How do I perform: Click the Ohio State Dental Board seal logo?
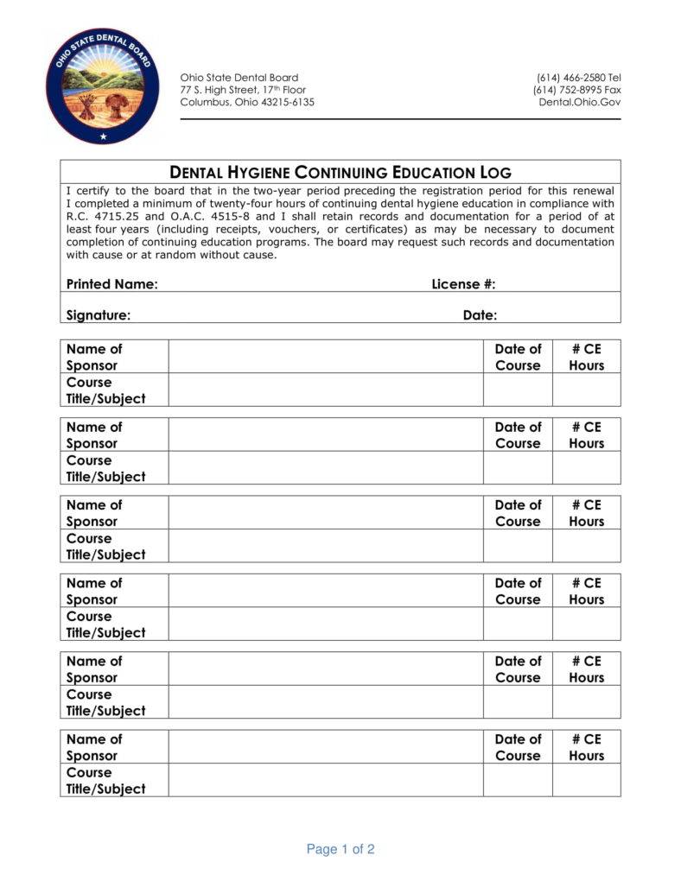[x=104, y=86]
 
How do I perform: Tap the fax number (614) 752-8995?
[x=568, y=90]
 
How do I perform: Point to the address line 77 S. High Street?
[x=243, y=90]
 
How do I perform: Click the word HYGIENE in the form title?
[x=247, y=172]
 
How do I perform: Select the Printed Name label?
[x=111, y=284]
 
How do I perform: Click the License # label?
[x=463, y=284]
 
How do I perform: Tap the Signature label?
[x=99, y=315]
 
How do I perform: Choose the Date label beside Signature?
[x=480, y=315]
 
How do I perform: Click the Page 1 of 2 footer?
[x=340, y=849]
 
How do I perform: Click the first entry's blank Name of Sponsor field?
[x=325, y=357]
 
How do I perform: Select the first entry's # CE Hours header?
[x=586, y=357]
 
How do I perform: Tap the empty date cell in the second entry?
[x=517, y=468]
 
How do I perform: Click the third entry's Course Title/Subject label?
[x=105, y=546]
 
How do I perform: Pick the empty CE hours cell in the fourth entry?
[x=586, y=624]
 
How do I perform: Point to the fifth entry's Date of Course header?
[x=517, y=669]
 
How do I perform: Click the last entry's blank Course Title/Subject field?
[x=325, y=780]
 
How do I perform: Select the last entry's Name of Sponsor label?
[x=94, y=747]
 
